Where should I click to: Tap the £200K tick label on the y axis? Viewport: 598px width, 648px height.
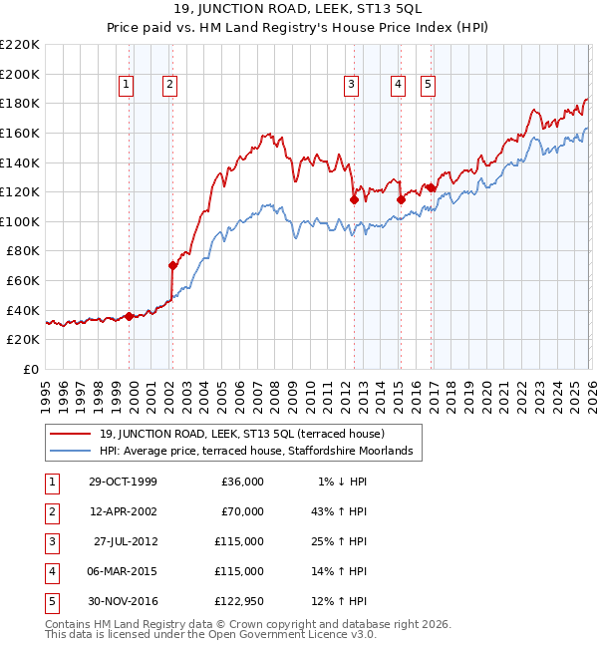[21, 74]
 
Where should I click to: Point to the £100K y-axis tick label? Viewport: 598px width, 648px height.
[21, 221]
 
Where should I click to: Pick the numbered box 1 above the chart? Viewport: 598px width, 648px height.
[127, 86]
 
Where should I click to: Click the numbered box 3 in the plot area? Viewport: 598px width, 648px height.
[352, 86]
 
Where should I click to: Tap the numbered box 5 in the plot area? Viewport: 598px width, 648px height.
[428, 86]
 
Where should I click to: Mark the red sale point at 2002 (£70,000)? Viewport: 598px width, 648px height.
[172, 265]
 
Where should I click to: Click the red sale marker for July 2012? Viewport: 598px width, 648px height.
[354, 199]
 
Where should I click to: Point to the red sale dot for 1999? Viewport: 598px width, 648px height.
[130, 316]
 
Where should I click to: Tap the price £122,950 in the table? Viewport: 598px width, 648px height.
[240, 601]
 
